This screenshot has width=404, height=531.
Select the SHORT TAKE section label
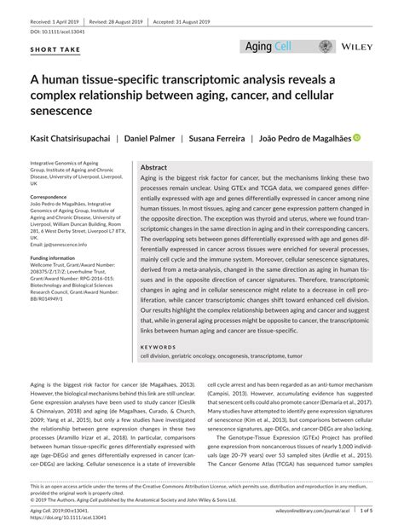53,49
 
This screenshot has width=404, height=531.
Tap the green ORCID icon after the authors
357,137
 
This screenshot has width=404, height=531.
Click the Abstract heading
153,168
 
